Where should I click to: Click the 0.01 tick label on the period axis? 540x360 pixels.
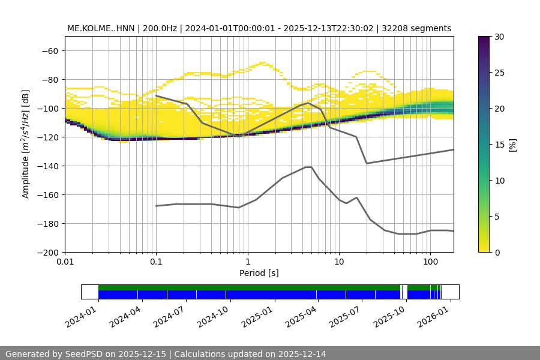click(x=65, y=262)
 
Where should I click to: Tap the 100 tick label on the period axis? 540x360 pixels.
click(x=430, y=262)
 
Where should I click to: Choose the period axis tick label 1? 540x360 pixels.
click(x=247, y=262)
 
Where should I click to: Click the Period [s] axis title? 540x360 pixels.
click(x=259, y=273)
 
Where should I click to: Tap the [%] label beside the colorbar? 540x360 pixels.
click(x=512, y=145)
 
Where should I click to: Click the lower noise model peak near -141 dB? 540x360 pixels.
click(x=308, y=167)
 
